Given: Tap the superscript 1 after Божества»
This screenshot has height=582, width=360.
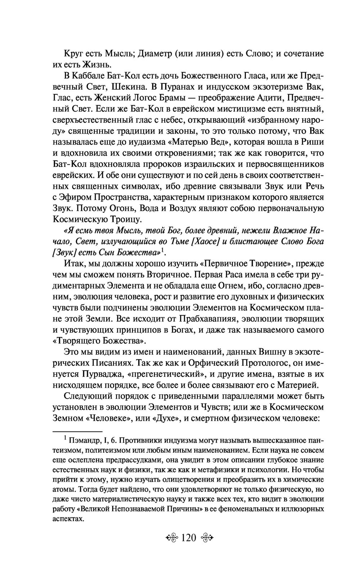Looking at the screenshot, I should [x=163, y=250].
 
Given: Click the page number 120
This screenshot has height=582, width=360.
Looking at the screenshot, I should [x=188, y=538].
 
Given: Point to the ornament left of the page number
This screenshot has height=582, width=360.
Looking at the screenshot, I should [x=172, y=538].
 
